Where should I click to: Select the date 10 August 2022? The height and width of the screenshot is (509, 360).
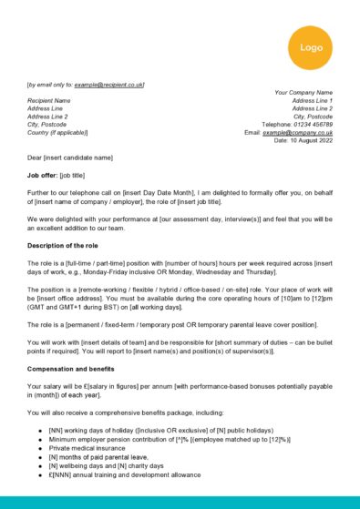(x=310, y=140)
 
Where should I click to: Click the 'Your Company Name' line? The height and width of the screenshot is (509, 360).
(x=303, y=92)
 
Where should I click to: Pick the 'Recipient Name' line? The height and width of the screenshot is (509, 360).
(x=49, y=100)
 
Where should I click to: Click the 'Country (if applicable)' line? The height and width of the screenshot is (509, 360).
(x=62, y=133)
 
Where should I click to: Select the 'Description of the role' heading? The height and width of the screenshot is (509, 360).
(x=69, y=246)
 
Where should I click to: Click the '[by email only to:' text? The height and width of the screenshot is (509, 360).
(x=51, y=84)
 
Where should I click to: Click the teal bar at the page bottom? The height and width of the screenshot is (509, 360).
(x=180, y=502)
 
